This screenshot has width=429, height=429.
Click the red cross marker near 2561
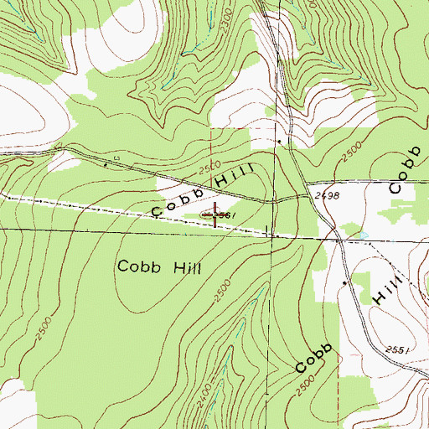pos(215,215)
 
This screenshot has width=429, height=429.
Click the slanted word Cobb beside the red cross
pos(176,202)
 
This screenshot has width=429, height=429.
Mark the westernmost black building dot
pos(105,165)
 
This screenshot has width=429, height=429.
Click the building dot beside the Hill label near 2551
pos(346,283)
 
